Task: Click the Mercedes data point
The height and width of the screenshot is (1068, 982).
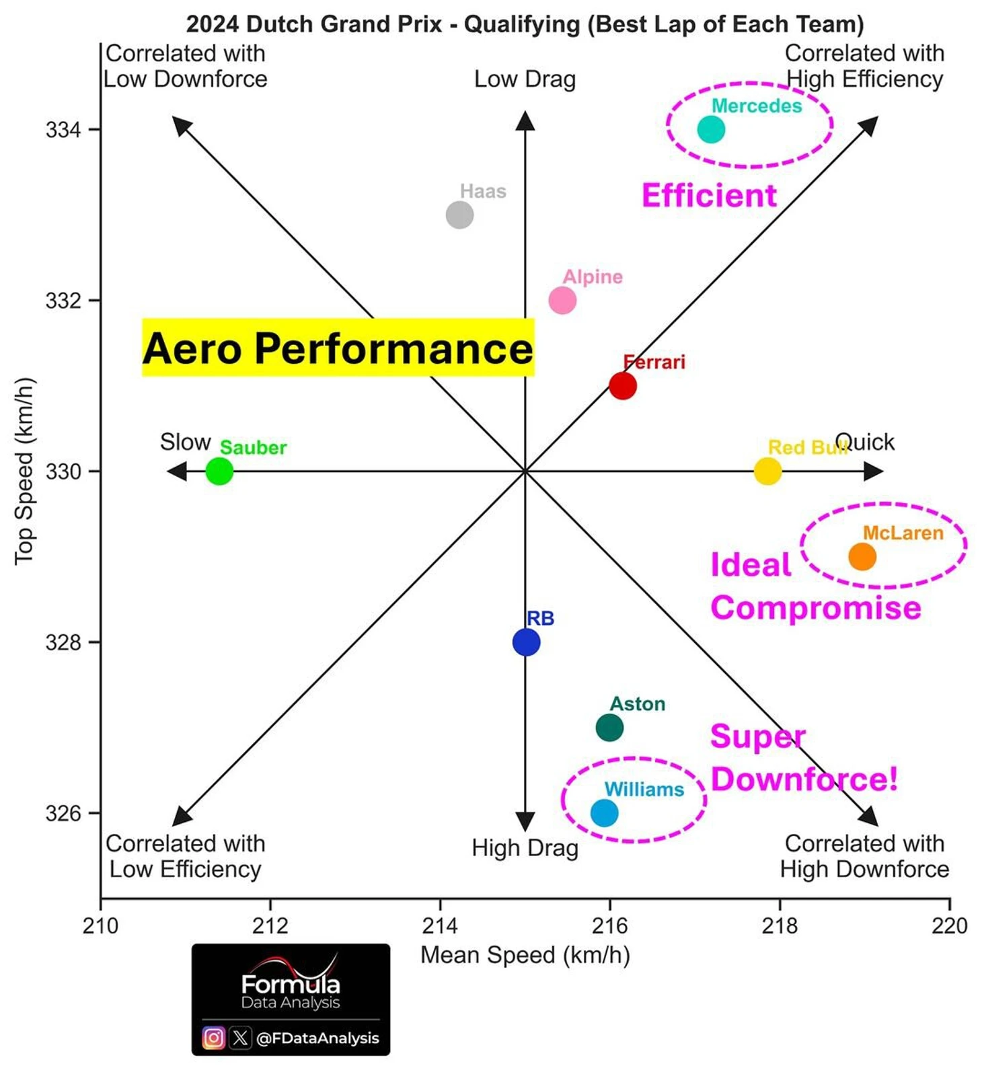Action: coord(710,129)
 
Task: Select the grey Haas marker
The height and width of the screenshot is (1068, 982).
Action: coord(459,215)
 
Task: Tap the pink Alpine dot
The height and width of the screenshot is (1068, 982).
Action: coord(562,300)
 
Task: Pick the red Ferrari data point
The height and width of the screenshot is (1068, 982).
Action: coord(622,386)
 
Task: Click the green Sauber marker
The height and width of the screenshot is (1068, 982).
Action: coord(219,471)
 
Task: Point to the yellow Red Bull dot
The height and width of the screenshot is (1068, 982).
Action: coord(767,471)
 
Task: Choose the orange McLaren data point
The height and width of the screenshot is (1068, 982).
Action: coord(862,557)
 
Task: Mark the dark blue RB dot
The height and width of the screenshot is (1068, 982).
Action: coord(526,642)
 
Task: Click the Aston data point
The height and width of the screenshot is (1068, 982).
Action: coord(609,728)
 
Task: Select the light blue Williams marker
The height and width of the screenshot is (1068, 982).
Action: coord(604,812)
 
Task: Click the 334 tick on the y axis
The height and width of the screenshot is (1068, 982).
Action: coord(64,129)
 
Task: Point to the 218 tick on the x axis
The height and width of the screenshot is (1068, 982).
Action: coord(780,926)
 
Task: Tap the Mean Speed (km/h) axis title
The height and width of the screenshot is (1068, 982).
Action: coord(525,955)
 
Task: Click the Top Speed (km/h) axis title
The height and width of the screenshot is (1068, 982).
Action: coord(24,471)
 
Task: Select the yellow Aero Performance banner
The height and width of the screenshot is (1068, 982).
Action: coord(338,348)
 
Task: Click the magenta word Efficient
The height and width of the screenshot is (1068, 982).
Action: coord(709,196)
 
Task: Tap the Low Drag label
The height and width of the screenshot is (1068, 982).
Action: coord(525,79)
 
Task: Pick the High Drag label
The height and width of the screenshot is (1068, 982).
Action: coord(525,848)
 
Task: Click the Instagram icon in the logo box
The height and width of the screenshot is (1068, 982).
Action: coord(213,1038)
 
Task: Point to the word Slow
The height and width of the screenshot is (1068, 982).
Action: coord(185,442)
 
